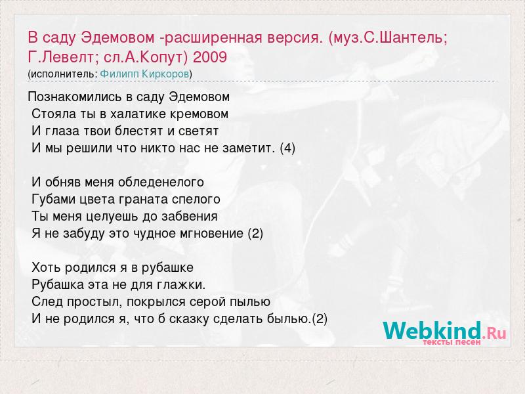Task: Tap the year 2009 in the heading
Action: point(210,57)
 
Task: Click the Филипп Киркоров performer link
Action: point(144,74)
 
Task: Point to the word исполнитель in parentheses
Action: point(64,74)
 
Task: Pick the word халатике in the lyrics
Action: point(138,114)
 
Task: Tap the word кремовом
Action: point(199,114)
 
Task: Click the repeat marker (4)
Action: point(287,148)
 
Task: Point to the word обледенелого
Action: point(161,183)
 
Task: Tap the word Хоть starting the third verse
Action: point(47,268)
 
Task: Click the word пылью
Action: point(250,302)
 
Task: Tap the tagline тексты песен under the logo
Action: point(451,342)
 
